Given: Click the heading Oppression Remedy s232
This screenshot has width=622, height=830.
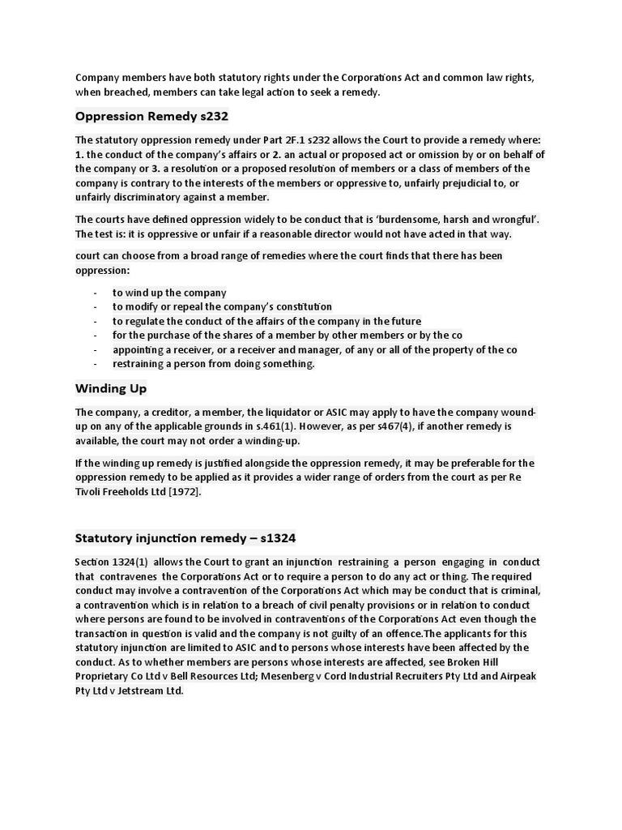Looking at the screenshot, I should tap(152, 117).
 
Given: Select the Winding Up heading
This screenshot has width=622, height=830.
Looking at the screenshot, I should tap(111, 388).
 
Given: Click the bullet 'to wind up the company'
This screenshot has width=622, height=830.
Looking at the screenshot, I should tap(169, 293).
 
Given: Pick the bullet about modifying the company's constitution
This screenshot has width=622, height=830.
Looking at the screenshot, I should tap(222, 306).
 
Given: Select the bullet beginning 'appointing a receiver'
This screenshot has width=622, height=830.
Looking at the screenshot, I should tap(314, 349).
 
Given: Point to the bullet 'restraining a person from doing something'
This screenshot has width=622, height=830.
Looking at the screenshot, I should tap(213, 364).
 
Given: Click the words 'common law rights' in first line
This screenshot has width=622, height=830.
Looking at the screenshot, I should tap(488, 78).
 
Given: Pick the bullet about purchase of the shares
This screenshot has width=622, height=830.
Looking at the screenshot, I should tap(287, 336).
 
